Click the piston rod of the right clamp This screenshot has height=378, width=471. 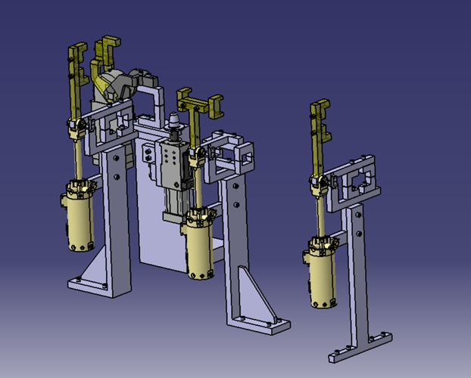[321, 215]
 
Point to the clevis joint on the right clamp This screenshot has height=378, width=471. [319, 182]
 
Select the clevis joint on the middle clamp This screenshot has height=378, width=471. [198, 157]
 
